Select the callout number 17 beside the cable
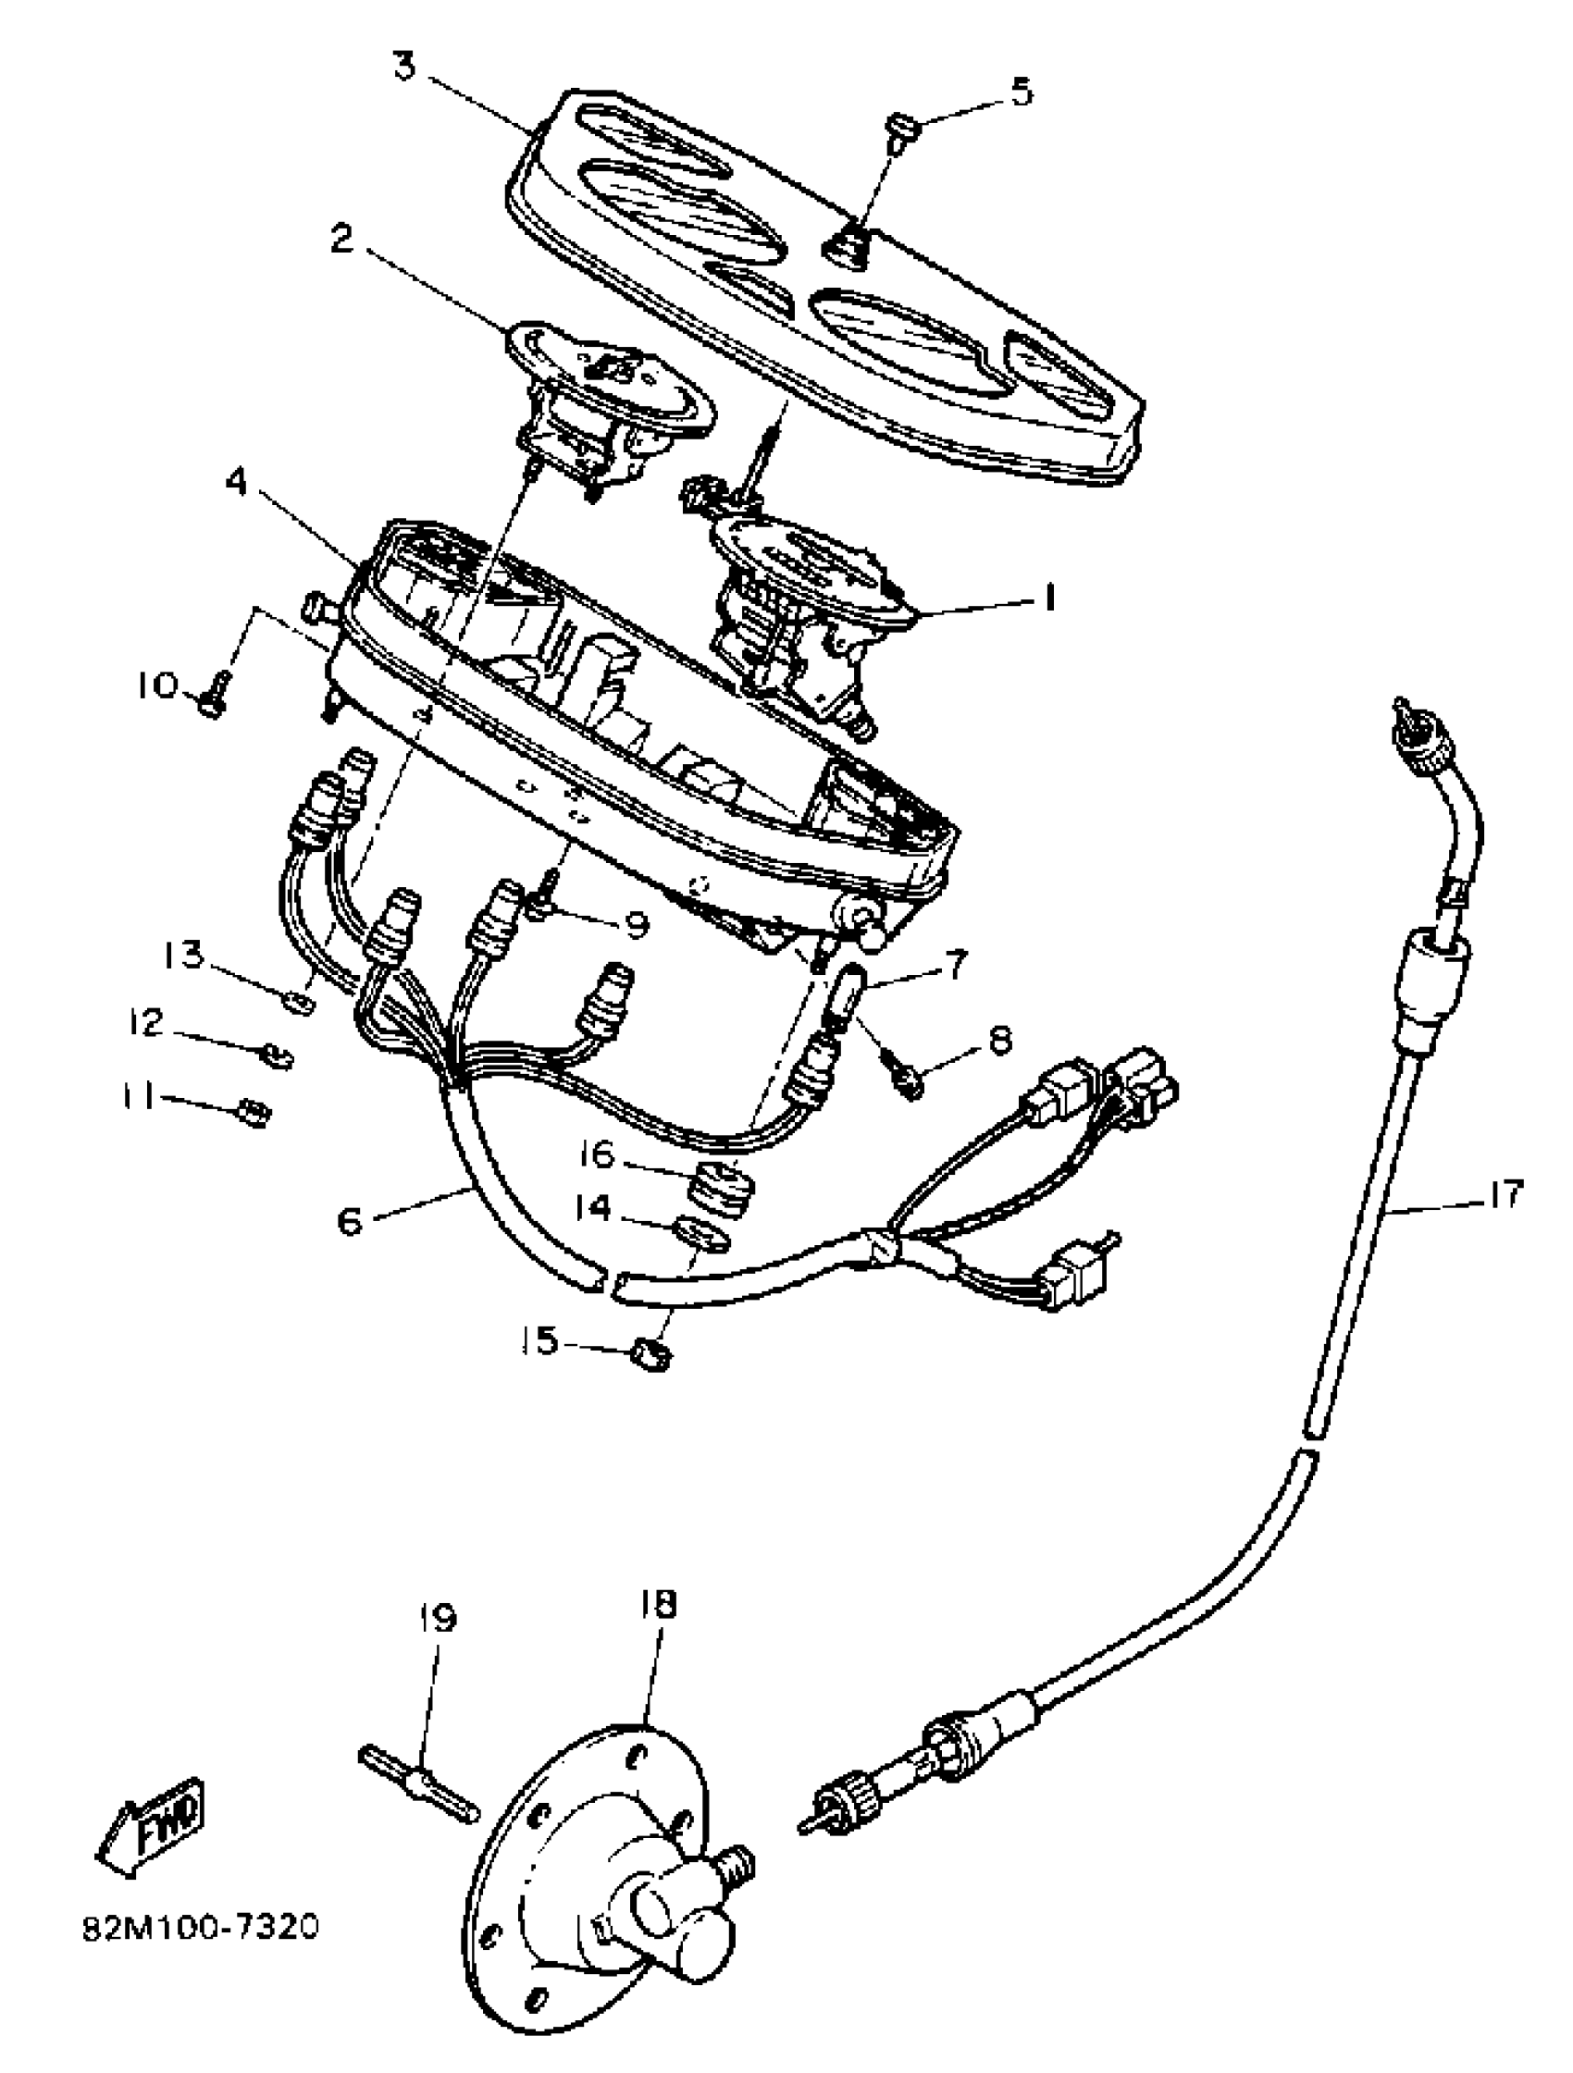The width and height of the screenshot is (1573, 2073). coord(1504,1196)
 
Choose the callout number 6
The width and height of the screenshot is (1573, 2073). coord(349,1222)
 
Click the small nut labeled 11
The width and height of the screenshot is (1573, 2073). coord(254,1114)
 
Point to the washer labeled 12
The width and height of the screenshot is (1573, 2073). coord(278,1056)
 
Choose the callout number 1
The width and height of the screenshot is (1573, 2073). coord(1048,598)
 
